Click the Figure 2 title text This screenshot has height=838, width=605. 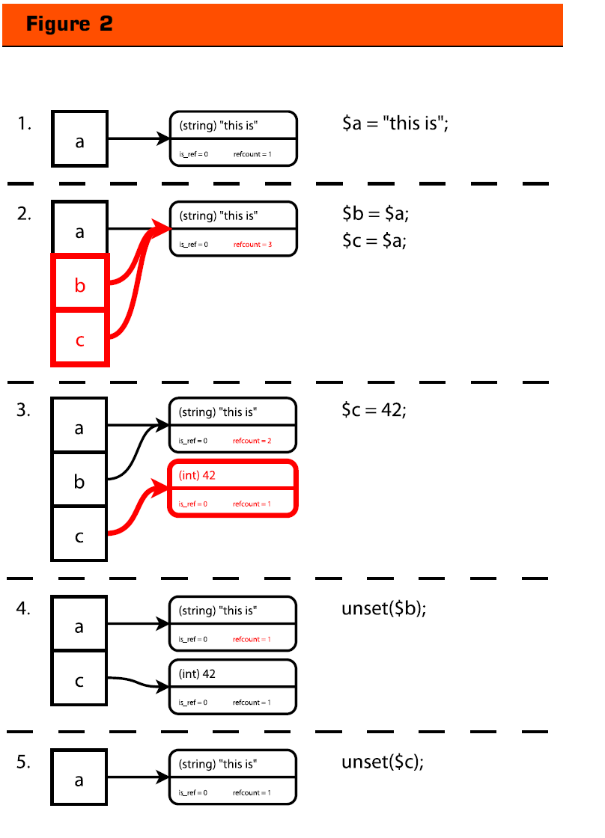coord(70,24)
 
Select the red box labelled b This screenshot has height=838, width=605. coord(80,284)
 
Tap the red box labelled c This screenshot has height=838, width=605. coord(80,340)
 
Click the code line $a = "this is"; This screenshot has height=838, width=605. coord(395,123)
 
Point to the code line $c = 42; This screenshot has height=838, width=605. coord(374,410)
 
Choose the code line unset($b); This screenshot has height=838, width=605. coord(384,608)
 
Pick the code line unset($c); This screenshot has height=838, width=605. coord(383,762)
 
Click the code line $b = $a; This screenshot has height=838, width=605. coord(376,214)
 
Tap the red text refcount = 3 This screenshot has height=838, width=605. coord(252,245)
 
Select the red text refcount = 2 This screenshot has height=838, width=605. coord(252,441)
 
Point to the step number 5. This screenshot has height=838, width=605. coord(24,762)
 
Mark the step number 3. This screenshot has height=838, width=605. coord(24,410)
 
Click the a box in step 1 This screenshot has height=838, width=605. coord(80,139)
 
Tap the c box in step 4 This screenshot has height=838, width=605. coord(79,680)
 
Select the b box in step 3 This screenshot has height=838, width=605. coord(79,482)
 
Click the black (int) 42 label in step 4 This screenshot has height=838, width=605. coord(198,673)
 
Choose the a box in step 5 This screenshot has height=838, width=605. coord(79,780)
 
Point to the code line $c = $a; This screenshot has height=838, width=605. coord(374,240)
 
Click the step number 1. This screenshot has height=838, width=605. coord(24,123)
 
